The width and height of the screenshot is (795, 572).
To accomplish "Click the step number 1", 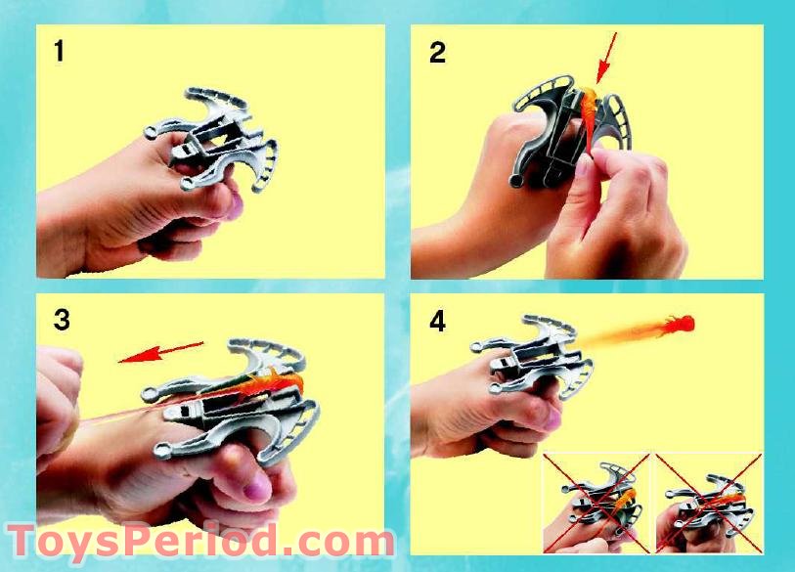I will (60, 51).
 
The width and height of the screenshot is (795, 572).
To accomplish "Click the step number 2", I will (437, 52).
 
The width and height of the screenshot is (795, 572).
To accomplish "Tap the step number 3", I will (62, 320).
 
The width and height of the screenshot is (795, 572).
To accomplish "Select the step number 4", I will (437, 321).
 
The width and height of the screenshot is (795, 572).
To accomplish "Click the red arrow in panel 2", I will (606, 57).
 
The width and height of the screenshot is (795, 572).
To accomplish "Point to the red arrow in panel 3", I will (161, 351).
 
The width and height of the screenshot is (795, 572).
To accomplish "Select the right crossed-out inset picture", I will (709, 500).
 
